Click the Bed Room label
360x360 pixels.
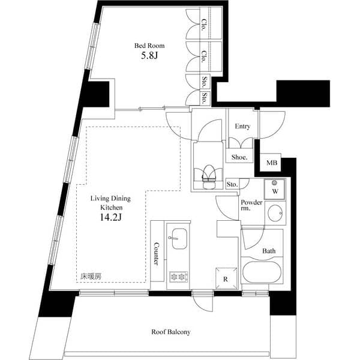point(149,46)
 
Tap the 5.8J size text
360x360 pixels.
point(149,57)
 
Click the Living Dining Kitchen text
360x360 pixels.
point(110,202)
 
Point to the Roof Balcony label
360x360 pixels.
point(171,332)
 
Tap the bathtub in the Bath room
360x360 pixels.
point(261,271)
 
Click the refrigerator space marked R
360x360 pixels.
point(225,278)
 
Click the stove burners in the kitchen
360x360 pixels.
point(179,277)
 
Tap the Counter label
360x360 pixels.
point(156,254)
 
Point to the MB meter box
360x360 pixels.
point(272,163)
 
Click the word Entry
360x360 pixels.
point(242,127)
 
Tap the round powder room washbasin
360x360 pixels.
point(275,213)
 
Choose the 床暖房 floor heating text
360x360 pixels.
point(91,277)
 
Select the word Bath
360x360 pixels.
point(268,251)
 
